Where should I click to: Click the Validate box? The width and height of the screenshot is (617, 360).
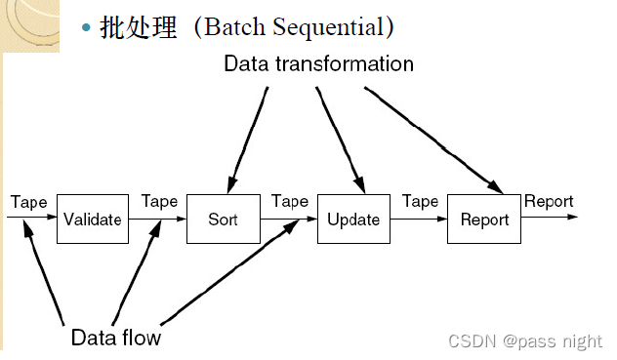pyautogui.click(x=92, y=219)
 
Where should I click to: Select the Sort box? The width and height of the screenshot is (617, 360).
pyautogui.click(x=223, y=219)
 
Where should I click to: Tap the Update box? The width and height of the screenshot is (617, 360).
pyautogui.click(x=352, y=219)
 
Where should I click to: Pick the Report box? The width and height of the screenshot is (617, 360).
pyautogui.click(x=484, y=219)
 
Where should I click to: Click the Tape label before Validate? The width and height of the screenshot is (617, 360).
pyautogui.click(x=28, y=202)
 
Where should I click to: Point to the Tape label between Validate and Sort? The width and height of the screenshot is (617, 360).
pyautogui.click(x=159, y=202)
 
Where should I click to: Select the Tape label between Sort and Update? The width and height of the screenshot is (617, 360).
pyautogui.click(x=289, y=202)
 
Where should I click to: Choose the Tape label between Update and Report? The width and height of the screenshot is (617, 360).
pyautogui.click(x=420, y=202)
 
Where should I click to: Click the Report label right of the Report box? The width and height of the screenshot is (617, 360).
pyautogui.click(x=549, y=202)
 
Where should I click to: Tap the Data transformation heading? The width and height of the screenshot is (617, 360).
pyautogui.click(x=318, y=64)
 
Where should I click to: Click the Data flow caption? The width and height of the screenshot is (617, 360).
pyautogui.click(x=115, y=339)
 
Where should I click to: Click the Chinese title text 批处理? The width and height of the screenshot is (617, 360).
pyautogui.click(x=139, y=27)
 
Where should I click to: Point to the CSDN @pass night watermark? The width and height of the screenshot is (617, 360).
pyautogui.click(x=524, y=340)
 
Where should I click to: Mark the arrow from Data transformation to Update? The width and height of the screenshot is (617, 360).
pyautogui.click(x=340, y=137)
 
